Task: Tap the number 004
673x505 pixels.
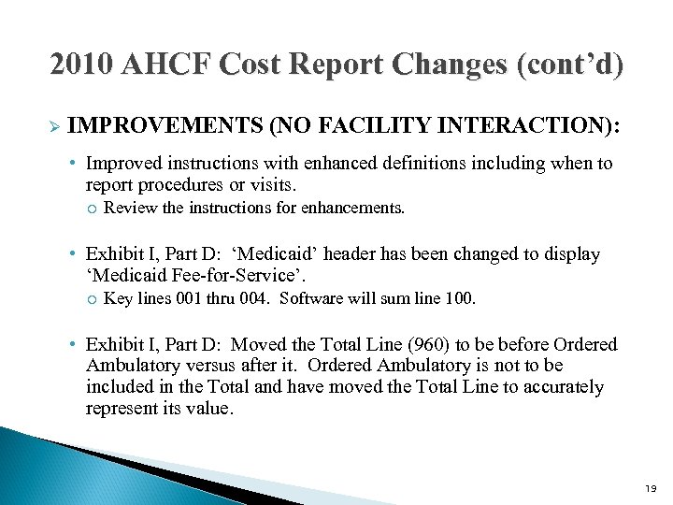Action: (255, 299)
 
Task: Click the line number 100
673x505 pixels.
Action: (462, 299)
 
